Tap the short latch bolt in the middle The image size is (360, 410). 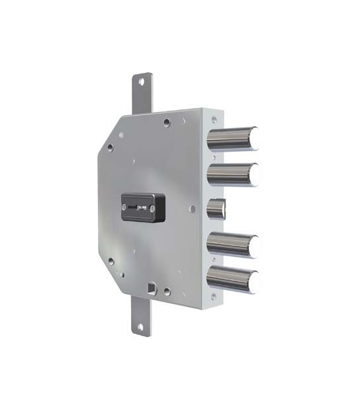pyautogui.click(x=217, y=209)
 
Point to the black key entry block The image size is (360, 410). pyautogui.click(x=142, y=207)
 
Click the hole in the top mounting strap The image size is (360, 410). pyautogui.click(x=141, y=82)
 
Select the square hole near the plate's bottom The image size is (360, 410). pyautogui.click(x=152, y=288)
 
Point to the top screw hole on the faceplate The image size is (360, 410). pyautogui.click(x=213, y=120)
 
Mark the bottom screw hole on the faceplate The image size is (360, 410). pyautogui.click(x=213, y=297)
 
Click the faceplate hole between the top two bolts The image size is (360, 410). pyautogui.click(x=214, y=157)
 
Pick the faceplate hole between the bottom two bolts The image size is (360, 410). pyautogui.click(x=214, y=262)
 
